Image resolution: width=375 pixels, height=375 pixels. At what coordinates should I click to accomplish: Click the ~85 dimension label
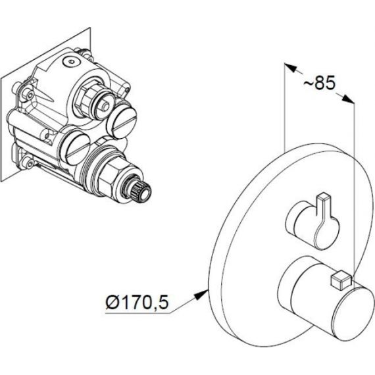[x=319, y=82]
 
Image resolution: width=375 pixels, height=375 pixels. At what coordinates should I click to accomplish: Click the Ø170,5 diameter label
[x=137, y=302]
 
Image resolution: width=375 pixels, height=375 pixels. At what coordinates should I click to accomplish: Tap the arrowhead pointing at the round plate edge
[x=203, y=294]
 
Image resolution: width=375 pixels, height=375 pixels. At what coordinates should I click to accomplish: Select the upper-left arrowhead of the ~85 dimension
[x=290, y=68]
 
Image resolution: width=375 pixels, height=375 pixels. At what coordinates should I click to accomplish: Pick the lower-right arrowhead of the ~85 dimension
[x=348, y=99]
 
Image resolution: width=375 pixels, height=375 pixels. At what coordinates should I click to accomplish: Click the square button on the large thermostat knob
[x=340, y=280]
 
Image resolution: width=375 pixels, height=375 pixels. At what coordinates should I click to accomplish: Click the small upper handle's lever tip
[x=323, y=197]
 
